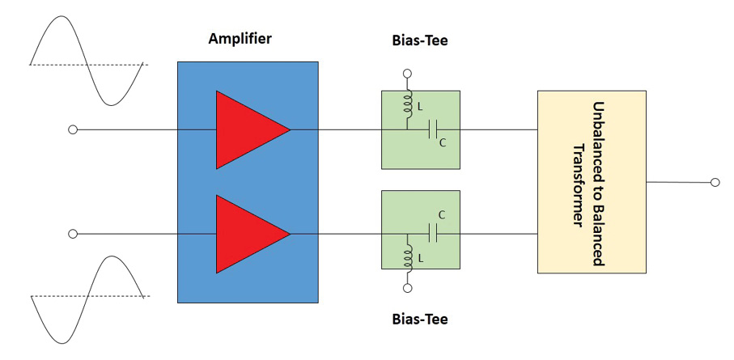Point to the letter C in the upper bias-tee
coord(441,143)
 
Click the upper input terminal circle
coord(73,129)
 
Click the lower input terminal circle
coord(73,234)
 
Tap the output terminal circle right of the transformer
coord(715,183)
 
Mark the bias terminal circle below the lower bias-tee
coord(408,288)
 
